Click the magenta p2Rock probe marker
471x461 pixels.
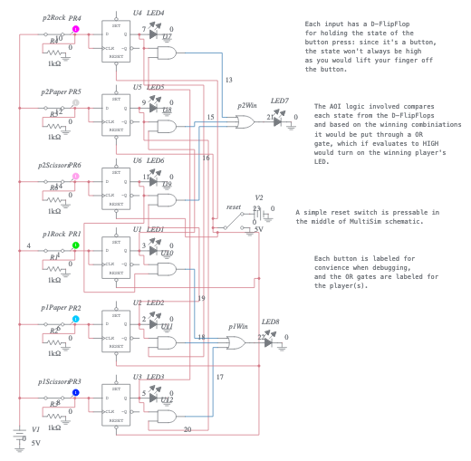[x=75, y=29]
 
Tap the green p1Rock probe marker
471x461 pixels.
[x=75, y=245]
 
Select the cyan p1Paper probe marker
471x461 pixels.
[x=75, y=319]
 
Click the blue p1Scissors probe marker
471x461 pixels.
[x=75, y=392]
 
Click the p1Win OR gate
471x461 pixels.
[x=235, y=341]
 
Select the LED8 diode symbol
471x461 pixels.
[x=269, y=339]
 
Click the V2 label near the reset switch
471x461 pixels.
[x=259, y=197]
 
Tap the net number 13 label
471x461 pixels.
[x=228, y=81]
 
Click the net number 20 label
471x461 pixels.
[x=187, y=428]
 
